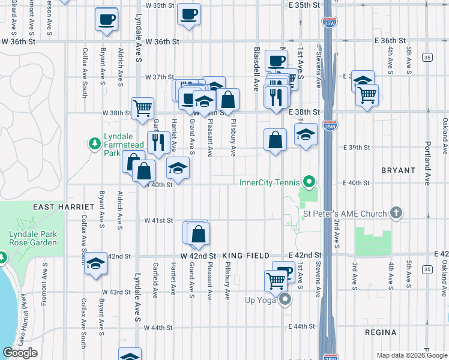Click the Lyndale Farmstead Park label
pos(122,145)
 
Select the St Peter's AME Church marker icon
pos(396,212)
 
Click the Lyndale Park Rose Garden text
pos(33,238)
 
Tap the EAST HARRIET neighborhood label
pos(58,206)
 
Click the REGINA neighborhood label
pos(381,332)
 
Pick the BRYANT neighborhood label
pos(398,170)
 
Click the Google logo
pos(20,353)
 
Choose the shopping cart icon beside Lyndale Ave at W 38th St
pos(142,108)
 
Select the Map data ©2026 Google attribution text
pos(411,355)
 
